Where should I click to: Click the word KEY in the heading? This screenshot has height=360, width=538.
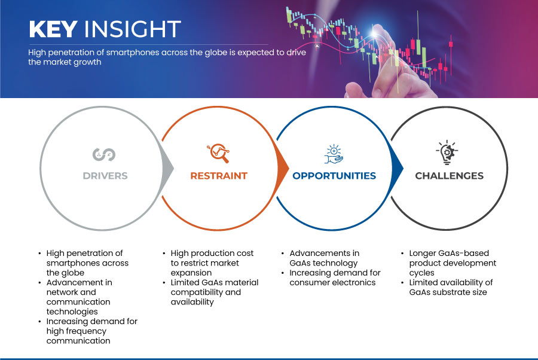53,29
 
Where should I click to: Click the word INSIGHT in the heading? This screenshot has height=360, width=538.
133,29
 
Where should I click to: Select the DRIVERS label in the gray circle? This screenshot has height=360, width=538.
105,176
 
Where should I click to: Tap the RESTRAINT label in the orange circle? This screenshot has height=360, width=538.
219,176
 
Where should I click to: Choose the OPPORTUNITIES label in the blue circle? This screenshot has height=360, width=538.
334,176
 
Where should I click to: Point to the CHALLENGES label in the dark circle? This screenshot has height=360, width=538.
449,176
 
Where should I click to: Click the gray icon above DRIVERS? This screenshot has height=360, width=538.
104,154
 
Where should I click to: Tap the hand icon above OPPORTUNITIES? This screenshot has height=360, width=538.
334,154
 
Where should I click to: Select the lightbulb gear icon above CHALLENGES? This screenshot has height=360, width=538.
447,152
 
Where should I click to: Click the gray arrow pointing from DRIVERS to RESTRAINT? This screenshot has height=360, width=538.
167,168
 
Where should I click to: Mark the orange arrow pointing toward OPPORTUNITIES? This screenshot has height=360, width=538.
283,168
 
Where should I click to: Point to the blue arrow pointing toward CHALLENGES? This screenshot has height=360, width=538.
397,168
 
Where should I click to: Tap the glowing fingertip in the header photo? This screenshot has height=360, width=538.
374,33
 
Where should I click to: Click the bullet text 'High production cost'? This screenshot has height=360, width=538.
212,254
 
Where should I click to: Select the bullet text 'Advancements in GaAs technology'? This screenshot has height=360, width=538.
324,258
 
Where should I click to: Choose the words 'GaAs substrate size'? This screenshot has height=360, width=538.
448,292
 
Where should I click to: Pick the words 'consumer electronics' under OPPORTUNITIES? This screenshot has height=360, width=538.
332,282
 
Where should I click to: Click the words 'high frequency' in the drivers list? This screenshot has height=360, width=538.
77,331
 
